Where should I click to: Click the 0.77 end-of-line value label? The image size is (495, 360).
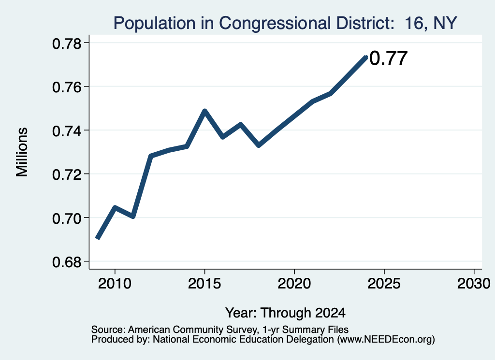tap(388, 58)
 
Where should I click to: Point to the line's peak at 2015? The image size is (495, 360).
tap(204, 111)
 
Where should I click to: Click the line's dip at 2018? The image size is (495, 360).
tap(259, 145)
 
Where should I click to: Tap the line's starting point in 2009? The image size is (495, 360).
tap(98, 238)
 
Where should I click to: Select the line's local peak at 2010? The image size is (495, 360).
tap(115, 208)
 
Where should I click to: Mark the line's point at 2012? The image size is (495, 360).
tap(151, 156)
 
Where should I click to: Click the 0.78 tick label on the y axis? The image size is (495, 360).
tap(67, 43)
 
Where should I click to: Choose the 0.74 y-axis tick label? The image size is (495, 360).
tap(67, 131)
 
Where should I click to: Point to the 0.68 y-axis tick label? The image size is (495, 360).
tap(67, 262)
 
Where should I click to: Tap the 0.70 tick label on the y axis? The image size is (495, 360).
tap(67, 218)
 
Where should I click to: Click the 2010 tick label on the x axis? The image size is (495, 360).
tap(115, 283)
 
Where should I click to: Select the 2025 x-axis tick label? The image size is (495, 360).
tap(384, 283)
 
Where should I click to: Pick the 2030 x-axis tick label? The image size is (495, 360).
tap(474, 283)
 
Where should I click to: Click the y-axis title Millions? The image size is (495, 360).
tap(22, 152)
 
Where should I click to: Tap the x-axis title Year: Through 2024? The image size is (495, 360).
tap(285, 313)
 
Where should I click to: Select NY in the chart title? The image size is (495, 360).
tap(445, 23)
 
